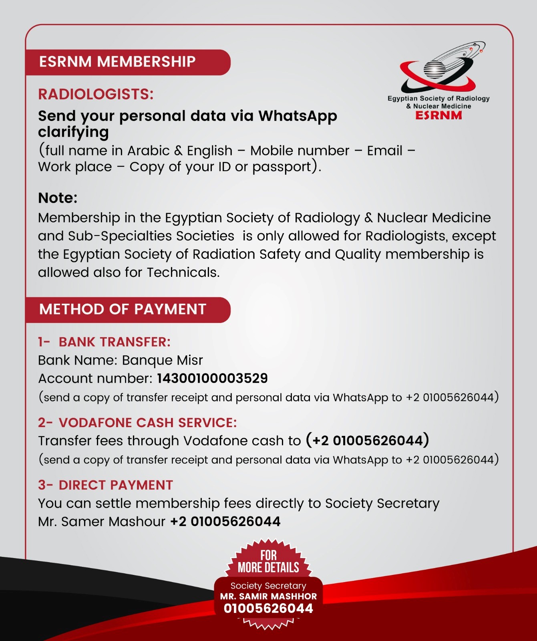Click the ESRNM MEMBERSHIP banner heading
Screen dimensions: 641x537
tap(117, 62)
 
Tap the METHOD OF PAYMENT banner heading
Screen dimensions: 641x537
tap(123, 309)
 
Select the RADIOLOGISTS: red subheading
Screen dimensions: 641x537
tap(96, 95)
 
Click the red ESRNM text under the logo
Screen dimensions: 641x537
tap(438, 115)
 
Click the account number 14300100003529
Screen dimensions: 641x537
tap(212, 378)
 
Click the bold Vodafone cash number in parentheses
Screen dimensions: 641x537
tap(368, 440)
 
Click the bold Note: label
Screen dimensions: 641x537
tap(58, 198)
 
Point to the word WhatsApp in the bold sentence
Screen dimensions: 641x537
tap(298, 116)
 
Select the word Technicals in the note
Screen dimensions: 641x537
tap(183, 272)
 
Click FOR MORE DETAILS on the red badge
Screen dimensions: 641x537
tap(268, 562)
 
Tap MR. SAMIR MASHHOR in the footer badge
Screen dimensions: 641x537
tap(268, 597)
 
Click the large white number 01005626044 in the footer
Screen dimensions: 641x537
tap(268, 609)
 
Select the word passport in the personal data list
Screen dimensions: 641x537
tap(282, 167)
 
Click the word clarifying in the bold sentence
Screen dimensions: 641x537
tap(73, 132)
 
